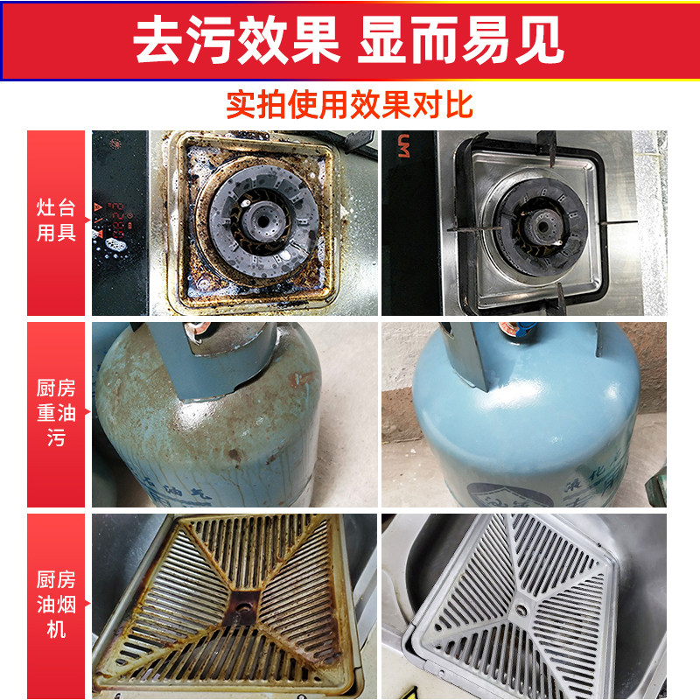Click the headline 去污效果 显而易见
(x=349, y=40)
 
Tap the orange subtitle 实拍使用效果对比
(x=349, y=105)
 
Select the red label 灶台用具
(x=56, y=222)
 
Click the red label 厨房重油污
(x=56, y=413)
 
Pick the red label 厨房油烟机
(x=56, y=604)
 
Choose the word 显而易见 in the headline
(x=460, y=40)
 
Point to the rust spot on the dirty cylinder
(x=234, y=456)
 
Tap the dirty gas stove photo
(x=234, y=223)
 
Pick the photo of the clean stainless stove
(x=523, y=223)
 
